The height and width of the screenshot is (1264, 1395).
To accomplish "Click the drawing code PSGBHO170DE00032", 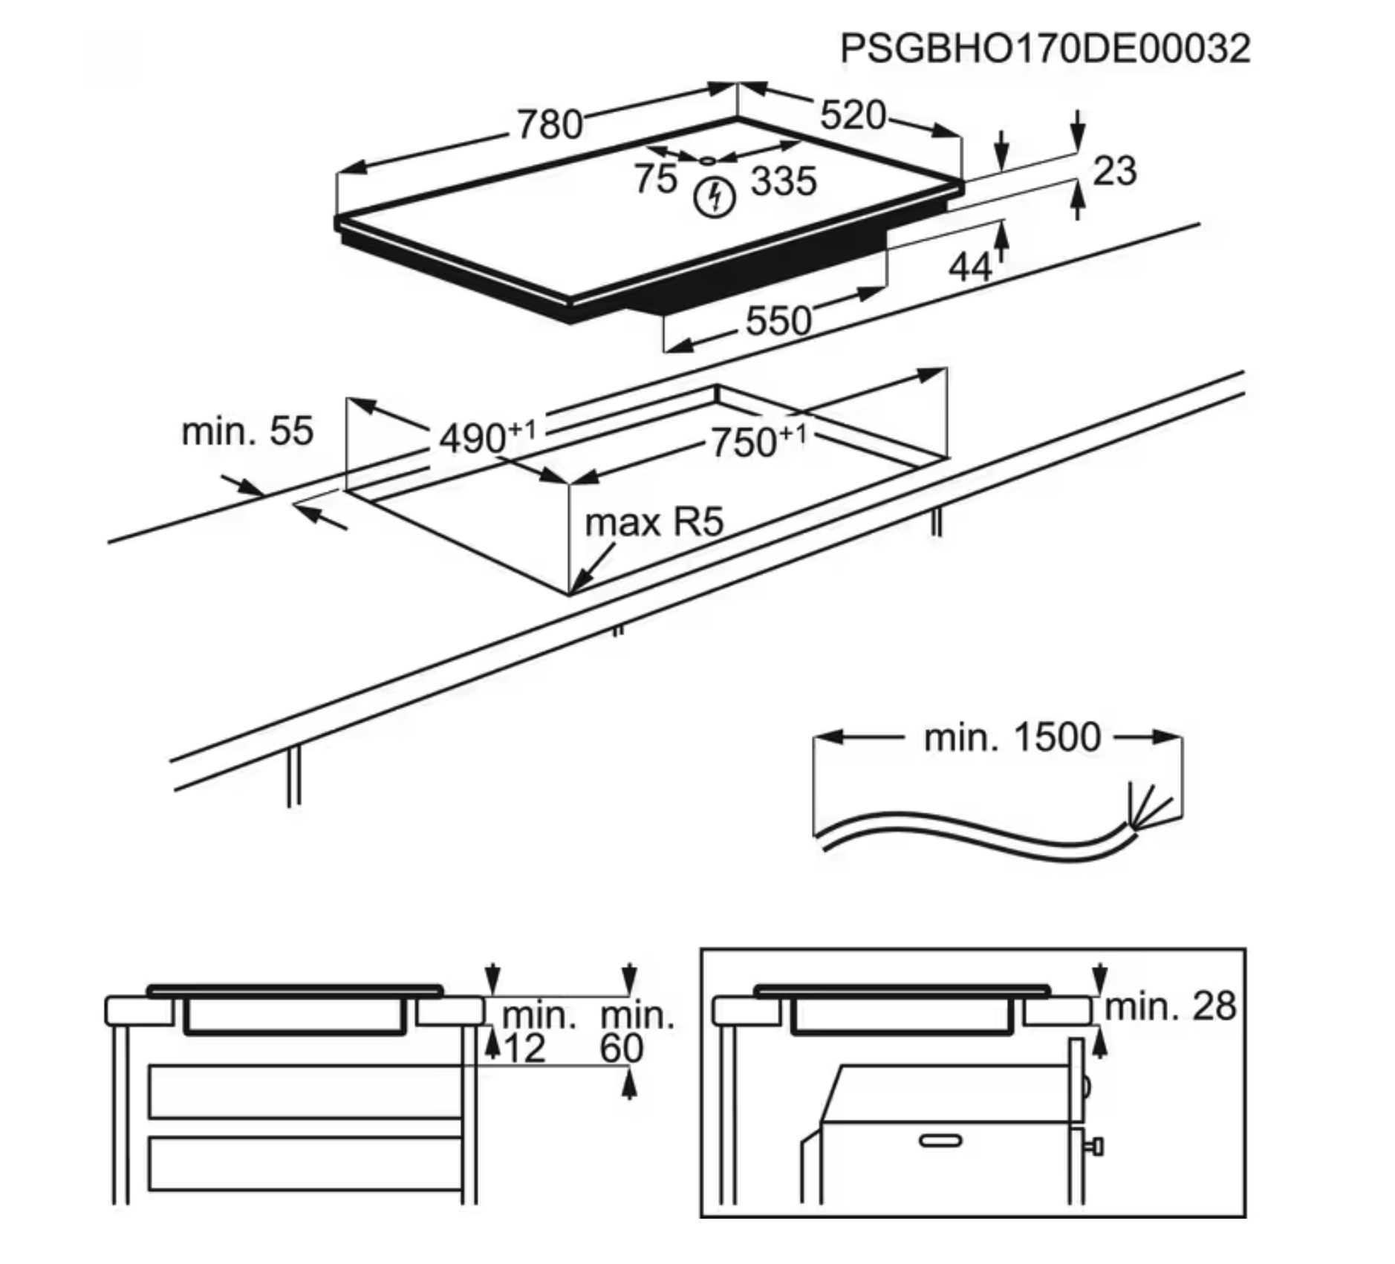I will tap(1044, 49).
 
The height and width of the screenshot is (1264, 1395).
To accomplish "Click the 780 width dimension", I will tap(550, 125).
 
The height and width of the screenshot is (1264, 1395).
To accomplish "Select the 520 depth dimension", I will tap(853, 116).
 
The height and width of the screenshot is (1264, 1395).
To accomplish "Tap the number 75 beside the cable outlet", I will tap(655, 179).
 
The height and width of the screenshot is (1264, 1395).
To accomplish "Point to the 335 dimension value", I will tap(784, 181).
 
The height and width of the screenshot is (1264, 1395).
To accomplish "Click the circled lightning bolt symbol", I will tap(715, 198).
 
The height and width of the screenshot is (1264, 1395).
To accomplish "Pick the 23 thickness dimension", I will tap(1115, 171).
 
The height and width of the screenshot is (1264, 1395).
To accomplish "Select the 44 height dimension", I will tap(970, 267).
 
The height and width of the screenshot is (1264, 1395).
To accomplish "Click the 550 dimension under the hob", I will tap(778, 322).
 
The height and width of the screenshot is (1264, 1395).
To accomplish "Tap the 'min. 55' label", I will tap(247, 431).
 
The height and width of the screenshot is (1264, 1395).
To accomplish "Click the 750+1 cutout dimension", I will tap(758, 442).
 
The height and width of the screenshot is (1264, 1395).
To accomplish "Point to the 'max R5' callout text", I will tap(654, 522).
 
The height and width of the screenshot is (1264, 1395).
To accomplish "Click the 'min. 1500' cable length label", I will tap(1012, 737).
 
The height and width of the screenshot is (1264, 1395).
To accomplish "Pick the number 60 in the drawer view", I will tap(621, 1049).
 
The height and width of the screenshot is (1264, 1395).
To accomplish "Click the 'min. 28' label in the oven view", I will tap(1170, 1007).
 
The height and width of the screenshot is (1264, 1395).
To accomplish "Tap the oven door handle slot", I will tap(940, 1140).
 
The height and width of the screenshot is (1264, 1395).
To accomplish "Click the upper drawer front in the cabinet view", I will tap(305, 1091).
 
